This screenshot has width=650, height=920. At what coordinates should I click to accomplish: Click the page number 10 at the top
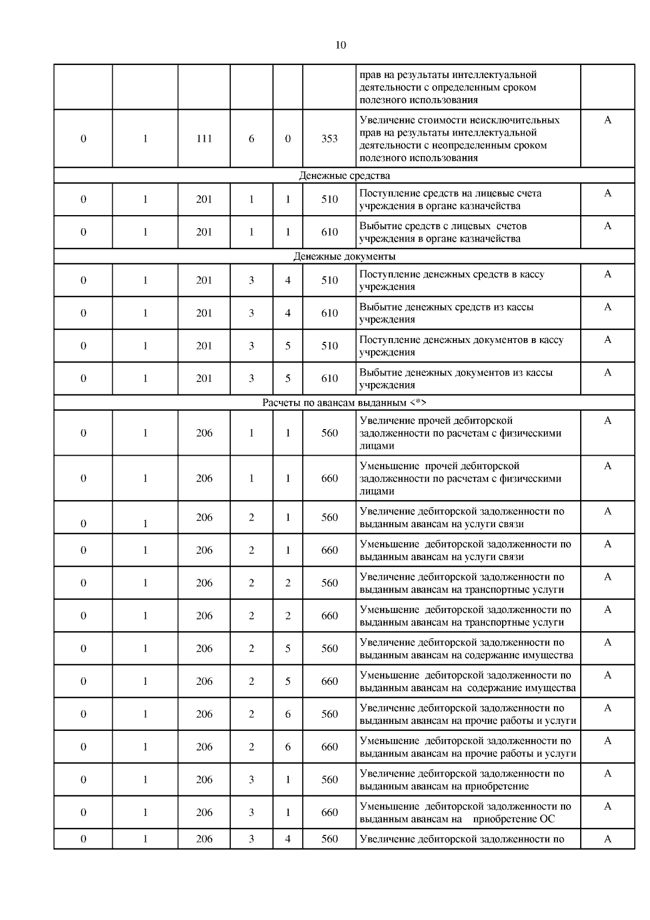(x=341, y=45)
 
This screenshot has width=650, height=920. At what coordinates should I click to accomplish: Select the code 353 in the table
(x=329, y=139)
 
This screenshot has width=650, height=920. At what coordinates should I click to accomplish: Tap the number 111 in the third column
(x=204, y=139)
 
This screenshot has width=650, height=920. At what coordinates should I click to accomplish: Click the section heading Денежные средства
(x=344, y=176)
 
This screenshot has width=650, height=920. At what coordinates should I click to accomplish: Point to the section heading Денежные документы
(x=344, y=256)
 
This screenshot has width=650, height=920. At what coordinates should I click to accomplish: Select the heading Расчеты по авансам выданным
(x=334, y=403)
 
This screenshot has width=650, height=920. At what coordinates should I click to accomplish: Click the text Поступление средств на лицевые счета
(x=450, y=193)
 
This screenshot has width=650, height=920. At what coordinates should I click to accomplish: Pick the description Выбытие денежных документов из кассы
(x=456, y=373)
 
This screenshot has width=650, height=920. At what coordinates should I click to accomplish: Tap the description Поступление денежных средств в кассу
(x=452, y=275)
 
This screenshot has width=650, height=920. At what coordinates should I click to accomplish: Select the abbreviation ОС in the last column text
(x=547, y=819)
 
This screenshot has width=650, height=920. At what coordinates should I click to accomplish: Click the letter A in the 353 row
(x=607, y=120)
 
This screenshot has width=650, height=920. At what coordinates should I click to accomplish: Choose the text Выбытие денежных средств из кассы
(x=446, y=307)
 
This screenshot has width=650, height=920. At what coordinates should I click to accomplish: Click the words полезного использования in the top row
(x=418, y=100)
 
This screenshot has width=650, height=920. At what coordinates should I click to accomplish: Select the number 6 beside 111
(x=251, y=139)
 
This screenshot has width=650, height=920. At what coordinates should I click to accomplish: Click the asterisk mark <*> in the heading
(x=419, y=403)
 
